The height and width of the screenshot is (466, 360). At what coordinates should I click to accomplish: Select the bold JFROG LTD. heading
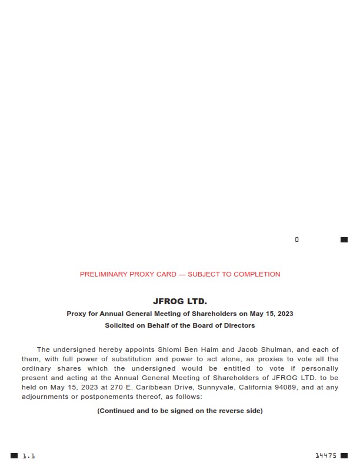tap(180, 301)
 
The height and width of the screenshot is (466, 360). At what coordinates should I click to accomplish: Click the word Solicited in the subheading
tap(121, 325)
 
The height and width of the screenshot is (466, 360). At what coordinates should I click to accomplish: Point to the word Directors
tap(238, 325)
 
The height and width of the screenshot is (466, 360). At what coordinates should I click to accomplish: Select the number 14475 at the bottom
tap(326, 455)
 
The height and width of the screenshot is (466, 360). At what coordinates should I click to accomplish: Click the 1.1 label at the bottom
tap(29, 456)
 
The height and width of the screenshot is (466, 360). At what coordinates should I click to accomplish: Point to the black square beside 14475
tap(344, 455)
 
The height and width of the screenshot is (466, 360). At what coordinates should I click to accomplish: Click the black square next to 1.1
tap(14, 456)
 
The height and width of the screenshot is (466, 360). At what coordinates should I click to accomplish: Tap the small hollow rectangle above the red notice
tap(297, 239)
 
